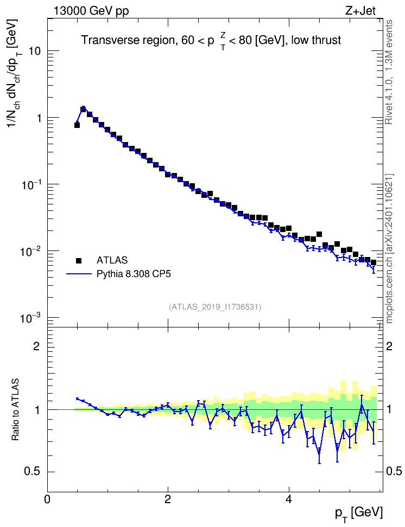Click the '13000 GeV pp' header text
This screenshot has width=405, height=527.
pyautogui.click(x=91, y=11)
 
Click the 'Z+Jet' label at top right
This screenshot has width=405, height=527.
pyautogui.click(x=360, y=11)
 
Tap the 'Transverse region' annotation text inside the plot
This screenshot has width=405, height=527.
pyautogui.click(x=127, y=40)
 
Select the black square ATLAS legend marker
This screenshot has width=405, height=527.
pyautogui.click(x=79, y=260)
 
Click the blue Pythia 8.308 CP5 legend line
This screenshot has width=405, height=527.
pyautogui.click(x=79, y=274)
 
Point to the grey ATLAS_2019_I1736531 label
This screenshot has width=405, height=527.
pyautogui.click(x=215, y=307)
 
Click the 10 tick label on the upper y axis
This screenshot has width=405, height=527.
pyautogui.click(x=34, y=51)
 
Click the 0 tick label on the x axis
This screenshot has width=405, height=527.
pyautogui.click(x=47, y=499)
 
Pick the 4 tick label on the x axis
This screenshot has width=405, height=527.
pyautogui.click(x=288, y=499)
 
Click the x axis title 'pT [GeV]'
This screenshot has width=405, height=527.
pyautogui.click(x=359, y=514)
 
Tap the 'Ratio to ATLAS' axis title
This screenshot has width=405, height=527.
pyautogui.click(x=16, y=410)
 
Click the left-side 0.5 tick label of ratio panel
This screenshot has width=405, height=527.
pyautogui.click(x=33, y=472)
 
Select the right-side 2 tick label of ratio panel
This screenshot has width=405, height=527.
pyautogui.click(x=389, y=346)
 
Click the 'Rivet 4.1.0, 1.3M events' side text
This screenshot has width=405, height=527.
pyautogui.click(x=389, y=72)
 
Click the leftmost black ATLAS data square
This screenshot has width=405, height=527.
pyautogui.click(x=77, y=125)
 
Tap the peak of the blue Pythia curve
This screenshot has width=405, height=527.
pyautogui.click(x=83, y=107)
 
